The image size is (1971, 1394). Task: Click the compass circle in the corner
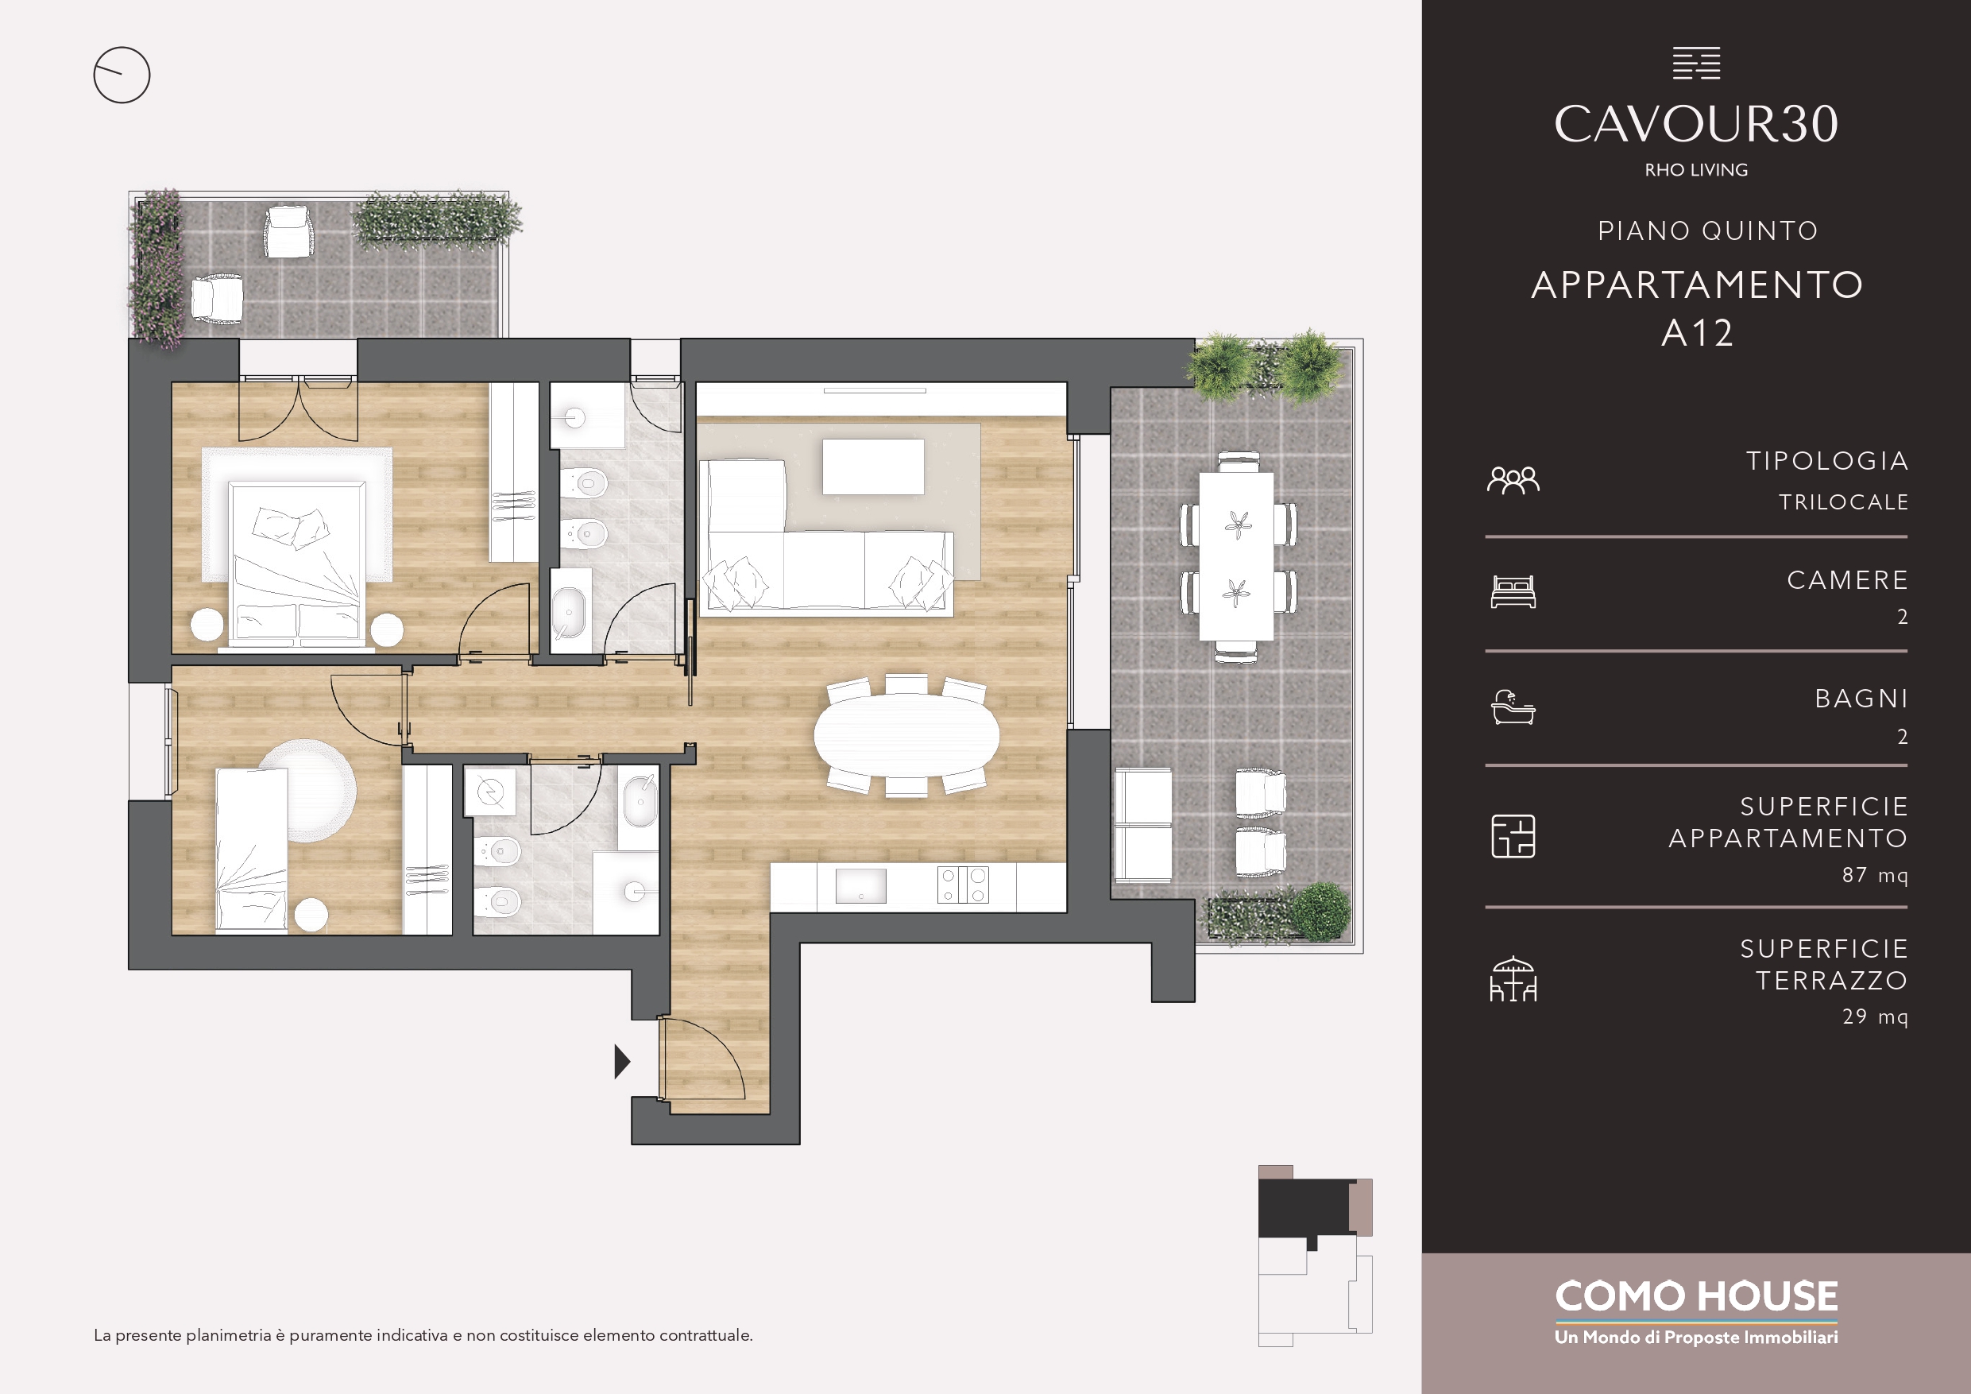pyautogui.click(x=122, y=48)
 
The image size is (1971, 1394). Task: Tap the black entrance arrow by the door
pyautogui.click(x=622, y=1062)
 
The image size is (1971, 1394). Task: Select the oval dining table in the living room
pyautogui.click(x=906, y=735)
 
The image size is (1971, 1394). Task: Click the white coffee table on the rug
pyautogui.click(x=873, y=467)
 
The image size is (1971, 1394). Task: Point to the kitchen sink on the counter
pyautogui.click(x=861, y=886)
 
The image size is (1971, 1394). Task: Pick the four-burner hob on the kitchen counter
pyautogui.click(x=962, y=885)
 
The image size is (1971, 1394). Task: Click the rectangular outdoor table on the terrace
pyautogui.click(x=1236, y=556)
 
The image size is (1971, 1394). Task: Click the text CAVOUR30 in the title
pyautogui.click(x=1695, y=124)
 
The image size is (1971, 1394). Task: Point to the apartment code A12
pyautogui.click(x=1697, y=333)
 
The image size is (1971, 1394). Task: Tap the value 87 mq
pyautogui.click(x=1875, y=875)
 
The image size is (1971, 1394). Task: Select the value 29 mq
pyautogui.click(x=1875, y=1017)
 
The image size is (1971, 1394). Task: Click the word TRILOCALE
pyautogui.click(x=1844, y=502)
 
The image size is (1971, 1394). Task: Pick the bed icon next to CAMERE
pyautogui.click(x=1513, y=592)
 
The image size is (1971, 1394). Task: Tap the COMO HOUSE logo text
pyautogui.click(x=1696, y=1297)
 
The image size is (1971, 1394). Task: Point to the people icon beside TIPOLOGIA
pyautogui.click(x=1513, y=480)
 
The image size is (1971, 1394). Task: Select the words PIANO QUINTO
pyautogui.click(x=1708, y=231)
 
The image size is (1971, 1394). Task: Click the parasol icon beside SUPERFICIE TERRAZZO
pyautogui.click(x=1513, y=979)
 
